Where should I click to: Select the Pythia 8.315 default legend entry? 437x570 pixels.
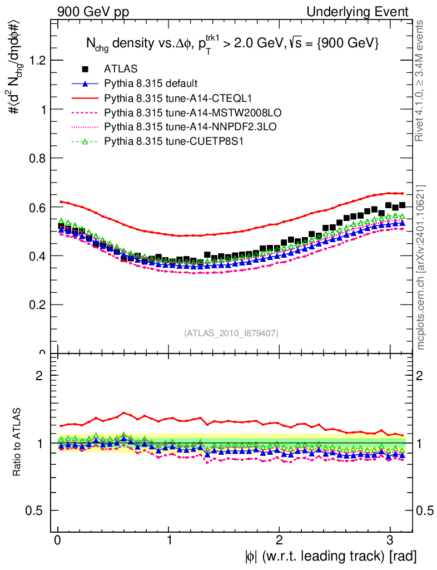tap(151, 84)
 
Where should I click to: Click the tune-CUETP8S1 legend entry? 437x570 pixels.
tap(166, 141)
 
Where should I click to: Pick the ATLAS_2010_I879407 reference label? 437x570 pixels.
tap(231, 333)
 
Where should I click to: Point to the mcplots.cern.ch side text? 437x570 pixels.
tap(421, 267)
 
